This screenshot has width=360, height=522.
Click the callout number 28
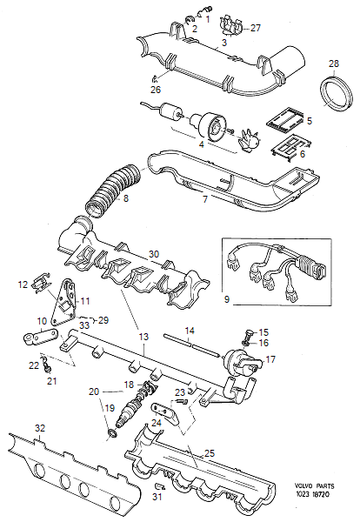[334, 65]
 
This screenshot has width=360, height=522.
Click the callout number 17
[270, 358]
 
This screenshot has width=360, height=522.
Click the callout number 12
[23, 284]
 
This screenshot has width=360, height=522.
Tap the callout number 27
[255, 28]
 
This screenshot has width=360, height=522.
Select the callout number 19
[110, 407]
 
